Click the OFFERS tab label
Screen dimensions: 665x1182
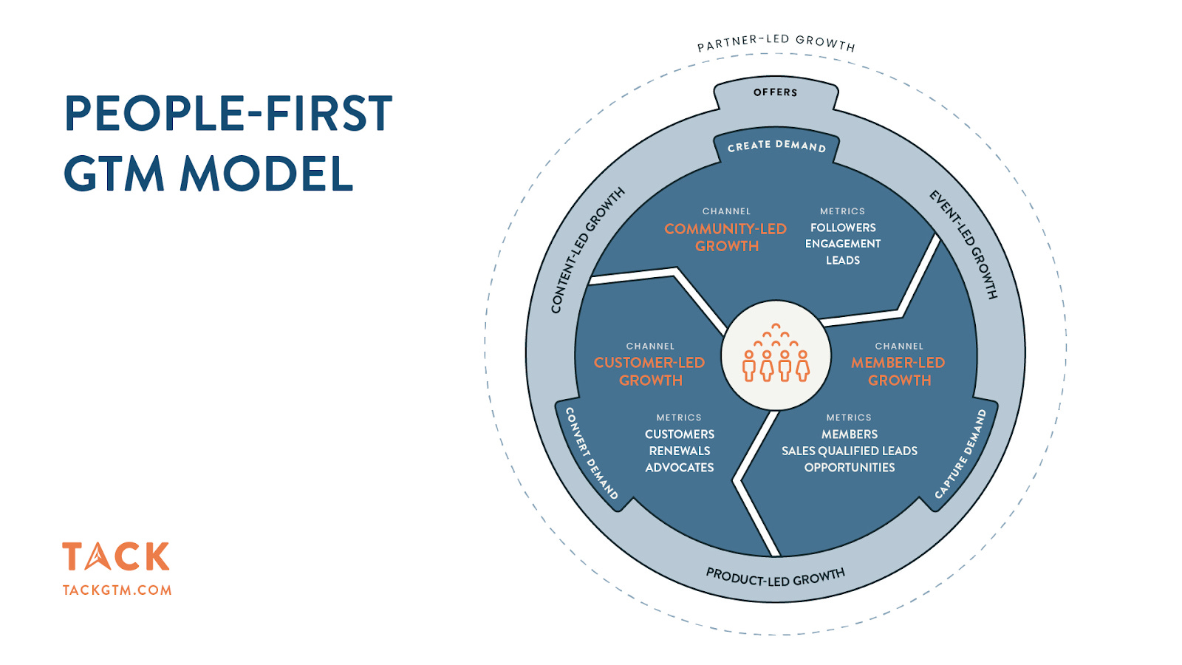coord(775,92)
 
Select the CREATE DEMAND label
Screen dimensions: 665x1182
coord(776,146)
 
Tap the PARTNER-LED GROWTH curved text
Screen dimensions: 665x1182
coord(776,43)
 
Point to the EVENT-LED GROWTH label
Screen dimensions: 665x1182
coord(963,244)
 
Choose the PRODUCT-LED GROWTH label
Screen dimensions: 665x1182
coord(775,577)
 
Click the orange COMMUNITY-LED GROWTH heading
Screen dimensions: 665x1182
coord(725,237)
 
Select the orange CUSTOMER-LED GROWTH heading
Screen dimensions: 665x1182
coord(650,371)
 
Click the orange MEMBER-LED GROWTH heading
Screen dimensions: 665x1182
coord(898,371)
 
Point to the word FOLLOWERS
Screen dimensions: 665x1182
coord(843,228)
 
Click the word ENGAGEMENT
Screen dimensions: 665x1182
coord(843,244)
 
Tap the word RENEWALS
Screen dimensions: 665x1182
coord(680,451)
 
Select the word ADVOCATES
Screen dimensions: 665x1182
coord(680,468)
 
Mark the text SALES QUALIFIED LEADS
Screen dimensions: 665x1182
coord(850,451)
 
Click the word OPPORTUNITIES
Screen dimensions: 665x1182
coord(850,468)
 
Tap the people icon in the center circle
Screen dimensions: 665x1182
coord(776,355)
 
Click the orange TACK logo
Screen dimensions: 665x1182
coord(116,556)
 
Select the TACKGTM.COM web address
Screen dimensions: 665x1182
coord(117,590)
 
